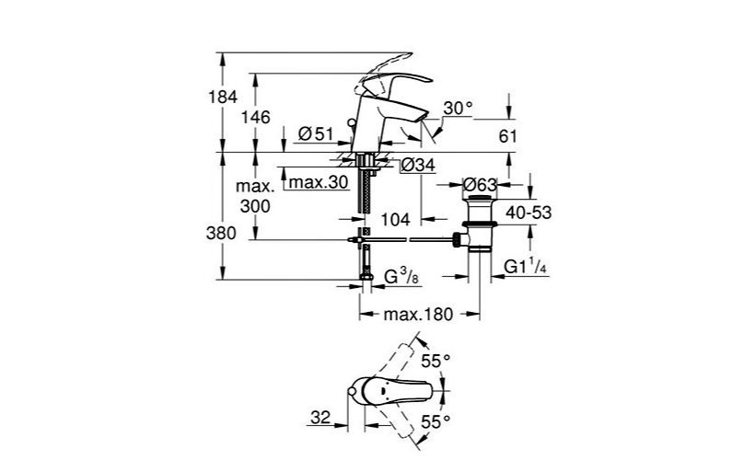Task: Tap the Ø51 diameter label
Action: (x=316, y=134)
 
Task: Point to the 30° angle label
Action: (x=458, y=109)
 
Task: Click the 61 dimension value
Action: (x=506, y=136)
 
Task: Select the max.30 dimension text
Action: (x=318, y=182)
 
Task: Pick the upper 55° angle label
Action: (x=436, y=362)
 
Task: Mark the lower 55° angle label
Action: (x=436, y=421)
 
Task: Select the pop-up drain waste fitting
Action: (x=480, y=222)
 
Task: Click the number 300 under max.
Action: (x=254, y=207)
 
